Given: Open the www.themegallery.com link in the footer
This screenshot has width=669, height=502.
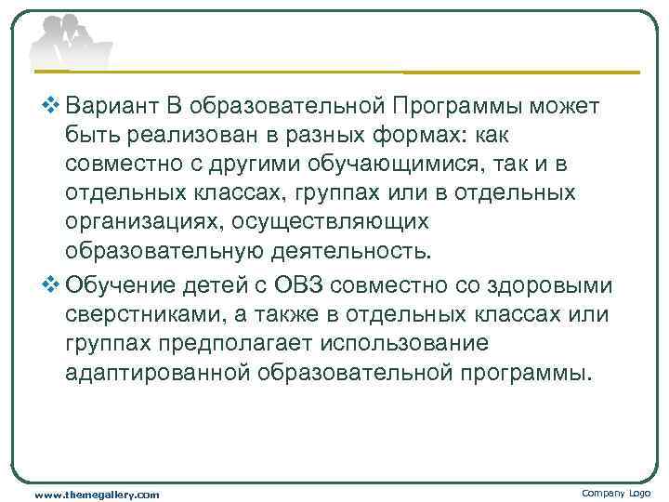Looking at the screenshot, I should point(97,494).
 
